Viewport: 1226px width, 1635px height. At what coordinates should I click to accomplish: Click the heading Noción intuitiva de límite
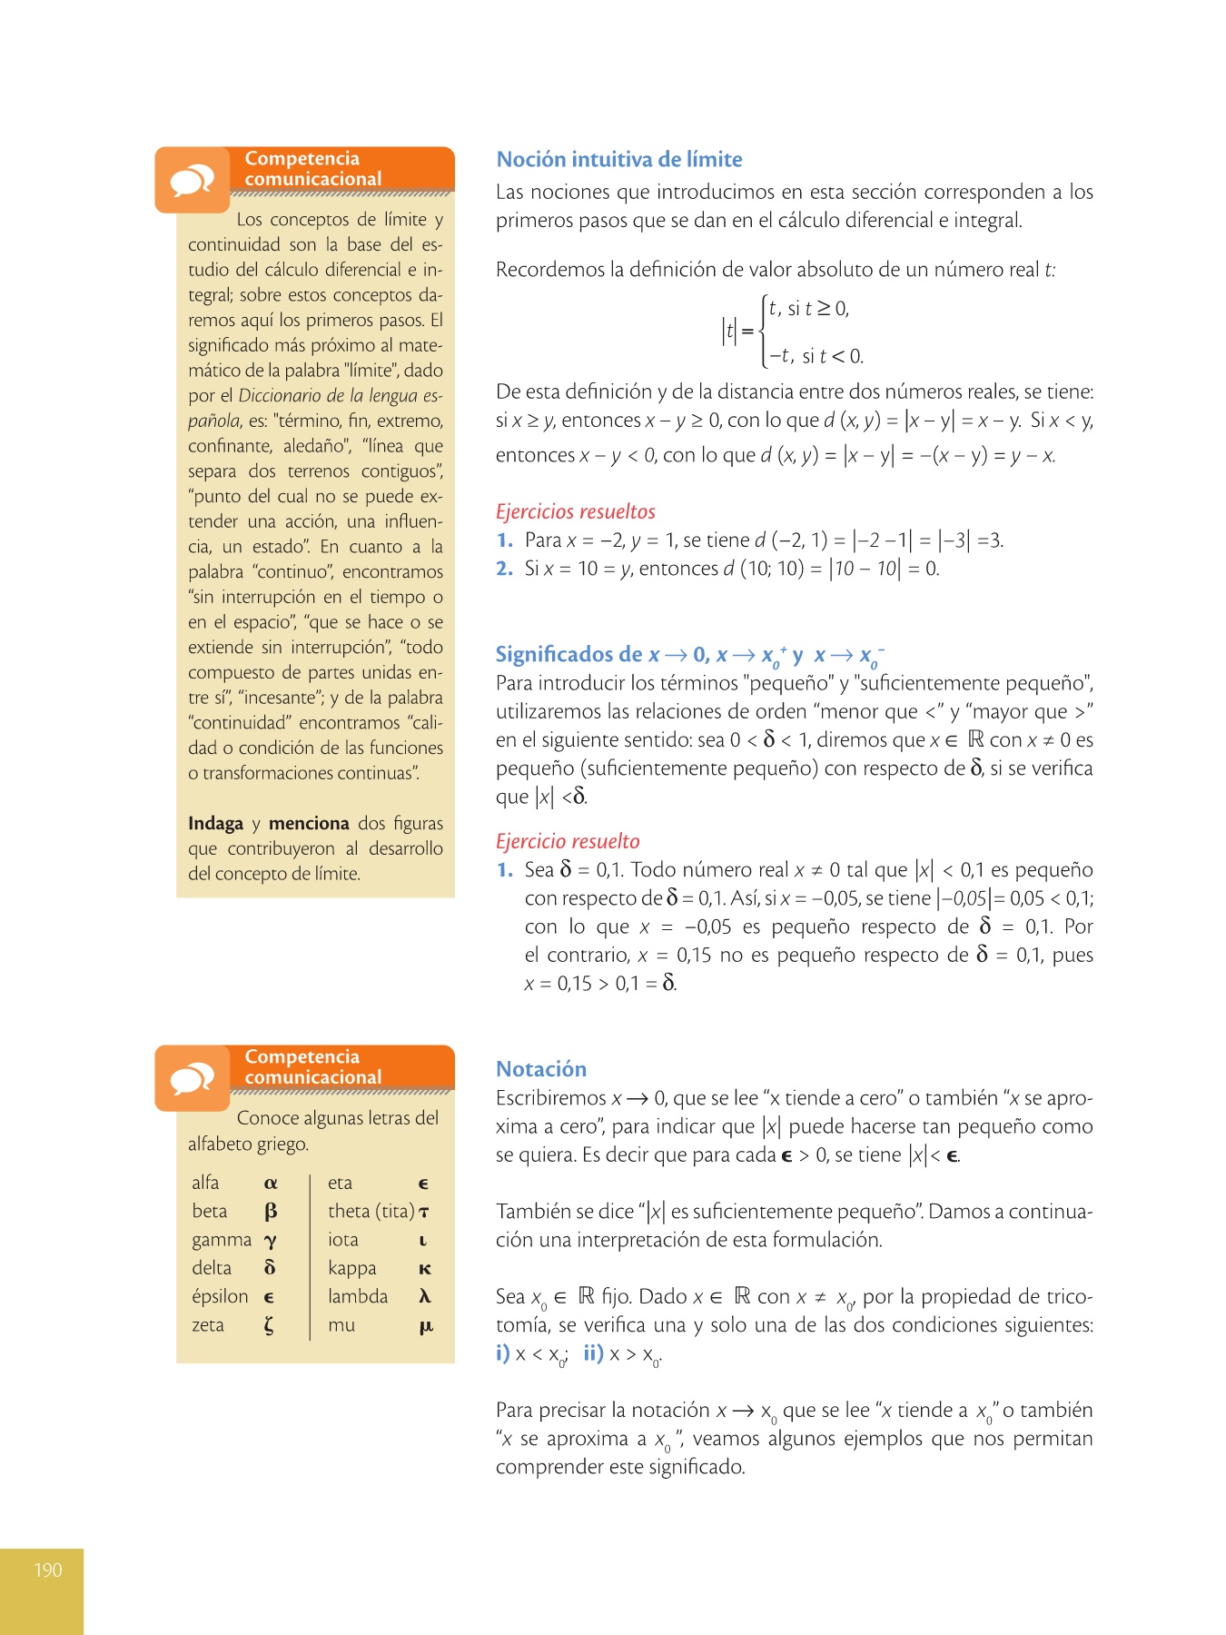618,160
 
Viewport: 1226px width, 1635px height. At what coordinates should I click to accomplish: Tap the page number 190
47,1570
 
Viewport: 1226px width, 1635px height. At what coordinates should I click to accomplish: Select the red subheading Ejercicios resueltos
575,511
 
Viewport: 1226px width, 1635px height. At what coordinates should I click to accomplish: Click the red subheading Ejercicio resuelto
568,841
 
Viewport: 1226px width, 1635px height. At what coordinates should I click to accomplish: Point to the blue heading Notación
541,1069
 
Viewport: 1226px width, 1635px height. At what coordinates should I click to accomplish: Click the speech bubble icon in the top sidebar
192,181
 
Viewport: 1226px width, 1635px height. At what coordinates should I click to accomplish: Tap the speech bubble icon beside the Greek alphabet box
192,1079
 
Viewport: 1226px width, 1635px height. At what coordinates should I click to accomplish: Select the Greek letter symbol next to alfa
270,1184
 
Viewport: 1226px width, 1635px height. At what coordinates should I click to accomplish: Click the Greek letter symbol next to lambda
424,1297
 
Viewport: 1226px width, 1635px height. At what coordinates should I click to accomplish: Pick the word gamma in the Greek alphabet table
221,1240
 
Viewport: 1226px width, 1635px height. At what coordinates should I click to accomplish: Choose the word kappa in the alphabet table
351,1268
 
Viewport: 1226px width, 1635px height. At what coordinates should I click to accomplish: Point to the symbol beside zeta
269,1326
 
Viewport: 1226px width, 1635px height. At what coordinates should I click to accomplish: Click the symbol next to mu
425,1326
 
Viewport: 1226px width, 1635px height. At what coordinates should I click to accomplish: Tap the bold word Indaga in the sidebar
215,824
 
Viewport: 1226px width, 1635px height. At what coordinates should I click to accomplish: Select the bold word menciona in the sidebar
309,824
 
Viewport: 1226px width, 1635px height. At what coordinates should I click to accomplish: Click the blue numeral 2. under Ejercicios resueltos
505,569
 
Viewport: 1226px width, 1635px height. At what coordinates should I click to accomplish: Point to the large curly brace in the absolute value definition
765,332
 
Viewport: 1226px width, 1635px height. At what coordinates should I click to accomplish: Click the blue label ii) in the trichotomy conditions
593,1353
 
